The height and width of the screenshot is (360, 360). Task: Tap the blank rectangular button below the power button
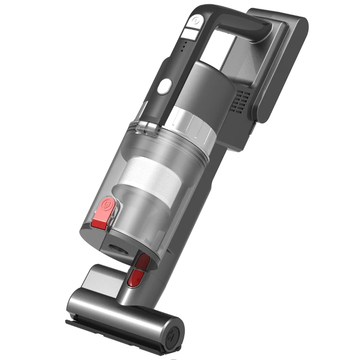pos(188,33)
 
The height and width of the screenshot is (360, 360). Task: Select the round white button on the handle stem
pos(164,87)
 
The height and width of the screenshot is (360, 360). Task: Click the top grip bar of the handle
pos(238,19)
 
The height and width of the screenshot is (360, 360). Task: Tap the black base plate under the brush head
pos(115,337)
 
